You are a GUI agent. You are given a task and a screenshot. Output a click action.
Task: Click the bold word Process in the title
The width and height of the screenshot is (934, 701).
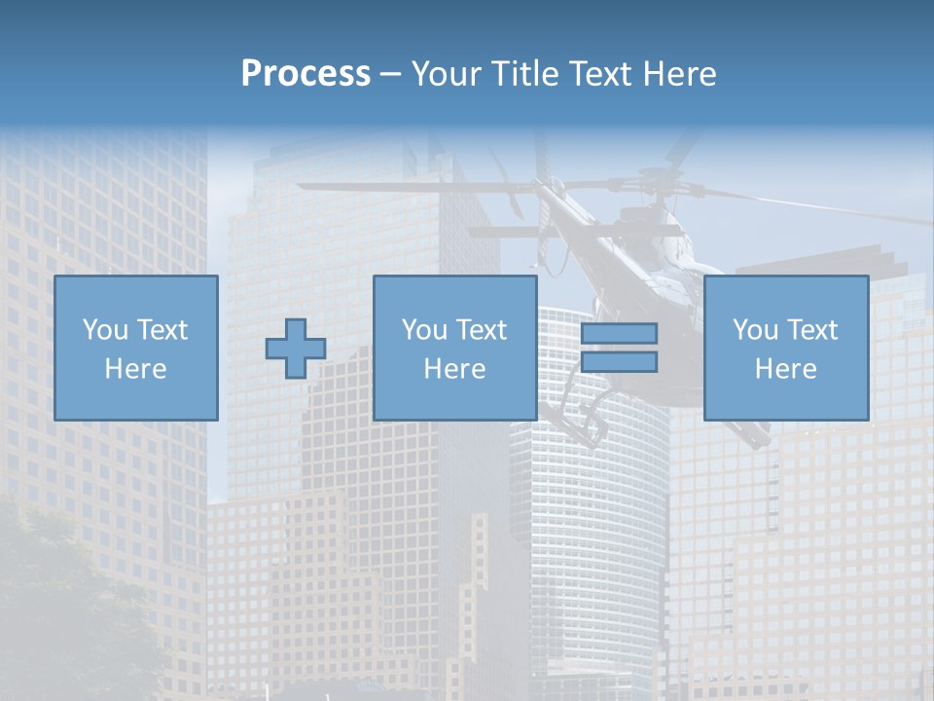(x=305, y=74)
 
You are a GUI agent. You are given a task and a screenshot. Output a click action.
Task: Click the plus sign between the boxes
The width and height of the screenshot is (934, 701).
(x=296, y=349)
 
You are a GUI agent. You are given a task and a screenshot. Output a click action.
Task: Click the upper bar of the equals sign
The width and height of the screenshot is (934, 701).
(x=619, y=334)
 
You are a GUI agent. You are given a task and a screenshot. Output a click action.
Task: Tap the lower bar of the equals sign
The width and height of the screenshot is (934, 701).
(x=619, y=362)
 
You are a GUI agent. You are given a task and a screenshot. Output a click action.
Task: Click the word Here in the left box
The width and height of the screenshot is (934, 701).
(x=135, y=369)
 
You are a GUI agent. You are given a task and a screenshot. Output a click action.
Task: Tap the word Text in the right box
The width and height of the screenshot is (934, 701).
(x=814, y=330)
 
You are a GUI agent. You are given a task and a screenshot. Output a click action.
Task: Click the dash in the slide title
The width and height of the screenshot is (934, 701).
(x=390, y=74)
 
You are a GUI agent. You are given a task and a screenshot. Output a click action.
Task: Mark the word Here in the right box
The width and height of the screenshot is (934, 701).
(x=785, y=369)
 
